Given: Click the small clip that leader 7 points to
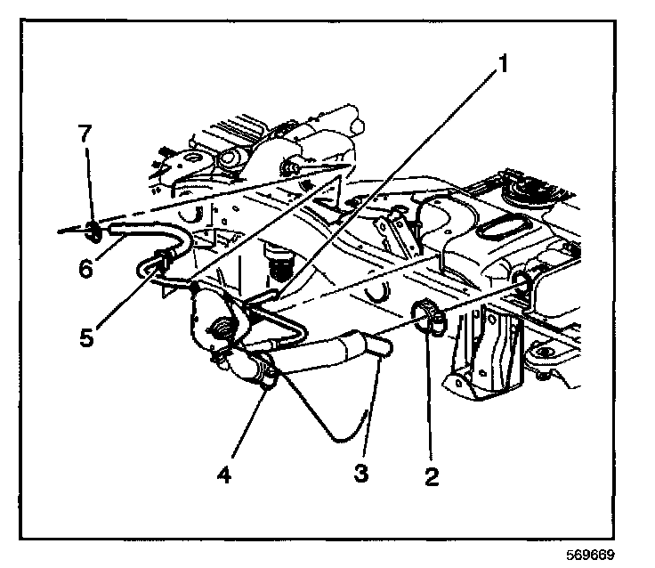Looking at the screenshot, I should pyautogui.click(x=92, y=233).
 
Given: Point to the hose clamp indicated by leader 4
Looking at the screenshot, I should pyautogui.click(x=266, y=379).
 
